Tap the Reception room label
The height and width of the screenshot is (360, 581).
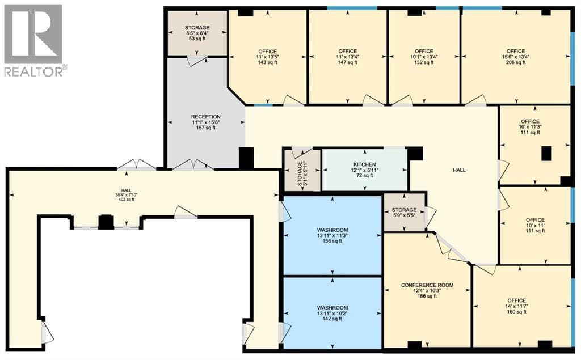(x=206, y=122)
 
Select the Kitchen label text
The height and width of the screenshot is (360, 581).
(x=365, y=170)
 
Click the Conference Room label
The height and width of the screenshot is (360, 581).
(x=427, y=291)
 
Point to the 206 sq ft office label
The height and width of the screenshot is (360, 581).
(x=516, y=57)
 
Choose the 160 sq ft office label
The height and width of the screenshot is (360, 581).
(x=516, y=306)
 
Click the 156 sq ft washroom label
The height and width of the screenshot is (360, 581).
(x=332, y=235)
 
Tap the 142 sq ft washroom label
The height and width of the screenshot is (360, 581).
(x=332, y=314)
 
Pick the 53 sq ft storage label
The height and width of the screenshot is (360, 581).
(x=197, y=33)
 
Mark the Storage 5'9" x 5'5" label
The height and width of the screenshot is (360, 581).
(x=404, y=213)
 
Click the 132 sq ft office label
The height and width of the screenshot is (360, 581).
(x=424, y=57)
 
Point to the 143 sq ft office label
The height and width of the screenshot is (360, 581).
(x=267, y=57)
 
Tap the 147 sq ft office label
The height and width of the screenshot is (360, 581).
(x=348, y=57)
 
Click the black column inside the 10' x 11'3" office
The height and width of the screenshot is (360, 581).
(x=546, y=154)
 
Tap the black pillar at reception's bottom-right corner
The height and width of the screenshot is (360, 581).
(x=246, y=158)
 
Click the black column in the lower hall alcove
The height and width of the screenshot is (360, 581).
(x=106, y=222)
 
